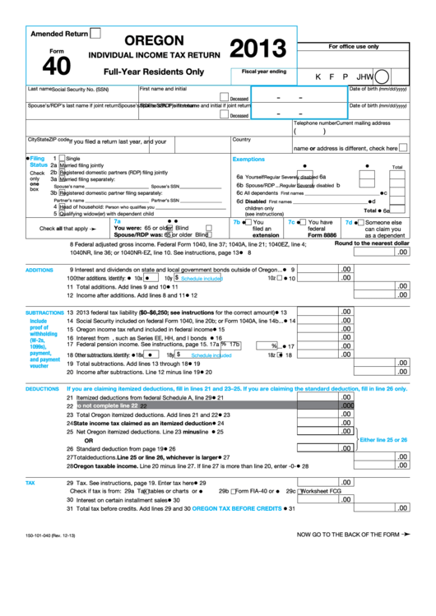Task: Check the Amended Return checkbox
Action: click(x=95, y=34)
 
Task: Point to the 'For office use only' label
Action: click(x=354, y=47)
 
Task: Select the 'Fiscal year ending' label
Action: click(x=264, y=72)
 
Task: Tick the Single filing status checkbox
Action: click(x=61, y=158)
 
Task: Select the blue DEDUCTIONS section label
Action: click(x=42, y=388)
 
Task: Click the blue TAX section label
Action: click(x=30, y=483)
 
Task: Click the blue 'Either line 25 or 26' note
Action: click(x=383, y=440)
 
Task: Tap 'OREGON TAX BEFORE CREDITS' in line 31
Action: click(x=237, y=509)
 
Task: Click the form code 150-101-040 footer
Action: click(x=52, y=537)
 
